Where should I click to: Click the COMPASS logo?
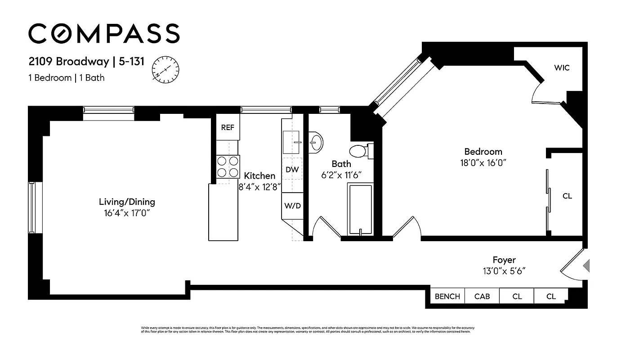point(104,34)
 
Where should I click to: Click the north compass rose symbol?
point(165,70)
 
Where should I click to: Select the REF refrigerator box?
point(228,127)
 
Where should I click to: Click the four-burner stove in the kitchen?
point(228,166)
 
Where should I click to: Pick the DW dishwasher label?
point(292,170)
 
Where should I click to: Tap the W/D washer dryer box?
point(292,206)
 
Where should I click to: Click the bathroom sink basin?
point(316,143)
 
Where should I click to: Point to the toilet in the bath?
point(360,151)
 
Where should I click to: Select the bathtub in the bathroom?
point(360,209)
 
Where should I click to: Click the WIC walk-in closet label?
point(562,68)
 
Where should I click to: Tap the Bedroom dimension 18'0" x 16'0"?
point(483,163)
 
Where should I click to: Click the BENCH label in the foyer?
point(447,297)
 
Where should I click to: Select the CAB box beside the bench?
point(482,297)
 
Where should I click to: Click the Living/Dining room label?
point(127,202)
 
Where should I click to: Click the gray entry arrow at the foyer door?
point(586,266)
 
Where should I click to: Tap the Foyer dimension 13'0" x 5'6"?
point(504,271)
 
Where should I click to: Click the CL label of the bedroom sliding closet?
point(568,196)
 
